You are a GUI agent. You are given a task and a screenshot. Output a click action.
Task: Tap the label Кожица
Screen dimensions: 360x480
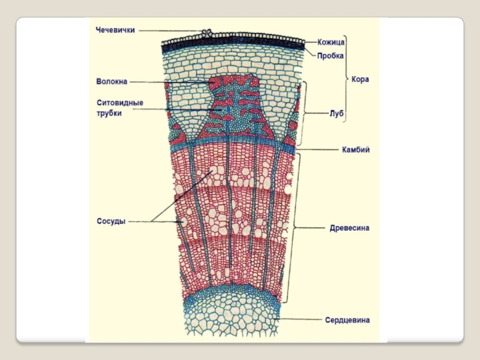click(330, 43)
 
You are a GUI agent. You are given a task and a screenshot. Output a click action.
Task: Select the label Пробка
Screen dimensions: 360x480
click(331, 56)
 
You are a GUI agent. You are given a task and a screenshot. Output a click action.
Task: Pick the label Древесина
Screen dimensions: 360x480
click(349, 228)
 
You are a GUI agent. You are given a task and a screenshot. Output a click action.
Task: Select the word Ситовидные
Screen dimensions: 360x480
click(120, 103)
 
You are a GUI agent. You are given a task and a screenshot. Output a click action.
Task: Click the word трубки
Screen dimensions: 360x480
click(109, 113)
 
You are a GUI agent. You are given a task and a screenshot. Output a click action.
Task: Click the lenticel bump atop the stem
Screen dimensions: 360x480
click(208, 34)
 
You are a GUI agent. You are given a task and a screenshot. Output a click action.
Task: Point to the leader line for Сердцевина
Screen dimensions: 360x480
click(300, 320)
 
